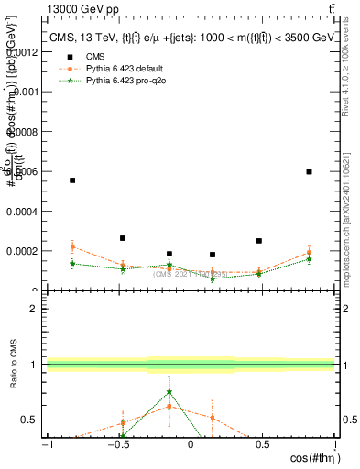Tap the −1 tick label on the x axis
(47, 445)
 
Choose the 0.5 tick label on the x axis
(262, 445)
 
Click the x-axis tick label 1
(334, 445)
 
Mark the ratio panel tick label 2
(34, 309)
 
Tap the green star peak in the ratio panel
(169, 392)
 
